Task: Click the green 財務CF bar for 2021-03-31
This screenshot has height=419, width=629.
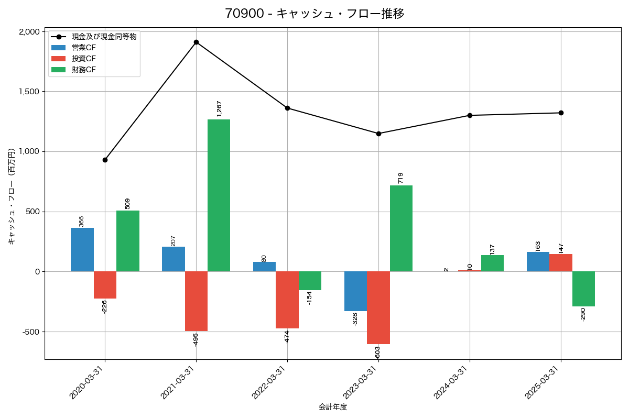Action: tap(219, 195)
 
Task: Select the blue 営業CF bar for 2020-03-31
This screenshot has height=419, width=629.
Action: tap(82, 249)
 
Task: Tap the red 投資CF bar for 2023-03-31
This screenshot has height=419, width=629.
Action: tap(378, 307)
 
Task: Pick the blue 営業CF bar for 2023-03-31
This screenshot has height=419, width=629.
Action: tap(355, 291)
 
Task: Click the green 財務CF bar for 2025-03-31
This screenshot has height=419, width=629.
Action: tap(583, 289)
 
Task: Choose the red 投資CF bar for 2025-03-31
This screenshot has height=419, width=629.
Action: tap(560, 262)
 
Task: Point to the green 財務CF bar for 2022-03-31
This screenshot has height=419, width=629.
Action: tap(310, 281)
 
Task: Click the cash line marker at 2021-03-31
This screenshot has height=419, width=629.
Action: tap(196, 42)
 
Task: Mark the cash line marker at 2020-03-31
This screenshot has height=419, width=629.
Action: tap(105, 160)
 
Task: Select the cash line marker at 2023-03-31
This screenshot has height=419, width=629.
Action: tap(378, 134)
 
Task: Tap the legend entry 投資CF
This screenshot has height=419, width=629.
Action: tap(84, 58)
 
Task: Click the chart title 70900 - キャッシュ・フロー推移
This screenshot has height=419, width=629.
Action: tap(314, 14)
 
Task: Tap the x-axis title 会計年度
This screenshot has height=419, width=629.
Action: tap(333, 407)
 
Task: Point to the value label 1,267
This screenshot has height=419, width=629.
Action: tap(219, 108)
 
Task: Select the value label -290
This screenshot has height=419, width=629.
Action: tap(583, 314)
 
